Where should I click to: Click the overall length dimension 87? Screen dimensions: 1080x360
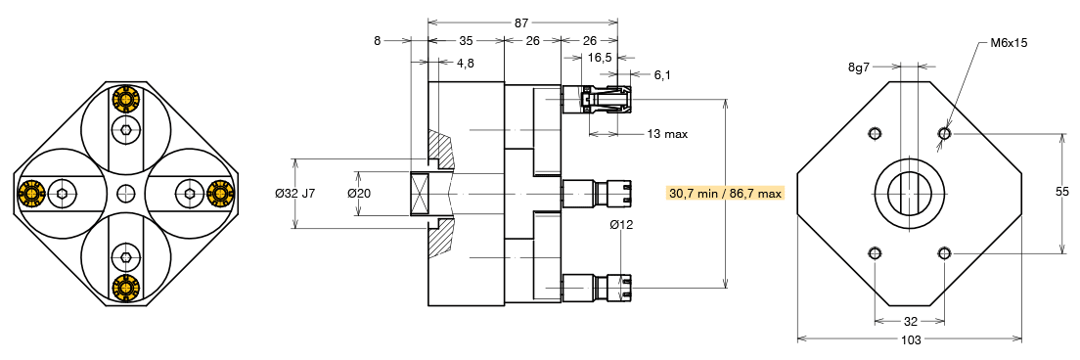click(522, 22)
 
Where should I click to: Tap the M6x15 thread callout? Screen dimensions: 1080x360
click(1009, 43)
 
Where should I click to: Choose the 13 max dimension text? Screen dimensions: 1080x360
click(667, 134)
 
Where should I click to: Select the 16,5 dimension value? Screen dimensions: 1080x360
click(600, 58)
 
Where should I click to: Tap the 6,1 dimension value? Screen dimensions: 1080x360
click(662, 75)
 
